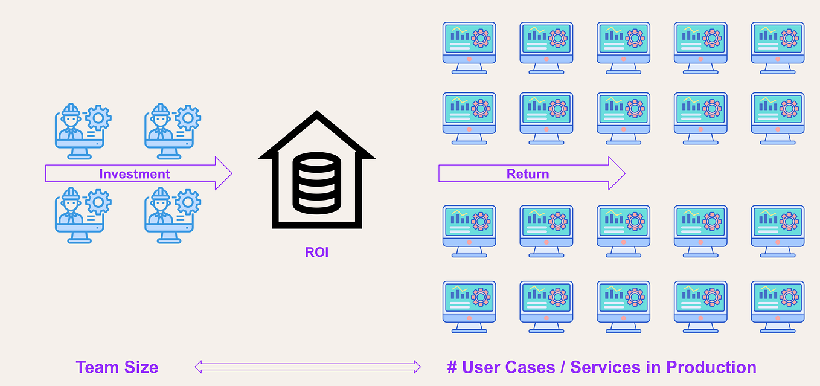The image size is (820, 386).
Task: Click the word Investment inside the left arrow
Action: tap(135, 174)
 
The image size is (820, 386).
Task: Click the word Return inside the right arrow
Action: tap(528, 174)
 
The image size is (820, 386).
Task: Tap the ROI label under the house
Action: tap(316, 252)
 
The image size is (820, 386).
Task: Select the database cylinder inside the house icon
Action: tap(317, 182)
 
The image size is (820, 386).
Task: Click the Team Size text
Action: tap(117, 367)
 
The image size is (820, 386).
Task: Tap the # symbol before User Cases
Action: tap(452, 367)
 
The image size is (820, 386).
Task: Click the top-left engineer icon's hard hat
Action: tap(71, 109)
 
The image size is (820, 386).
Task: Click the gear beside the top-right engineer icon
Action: tap(188, 117)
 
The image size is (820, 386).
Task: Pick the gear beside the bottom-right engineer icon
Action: tap(188, 201)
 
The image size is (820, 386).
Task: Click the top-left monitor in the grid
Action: tap(469, 47)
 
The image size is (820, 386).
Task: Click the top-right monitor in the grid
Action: tap(778, 47)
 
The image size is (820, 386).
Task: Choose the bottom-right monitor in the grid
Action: tap(778, 306)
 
